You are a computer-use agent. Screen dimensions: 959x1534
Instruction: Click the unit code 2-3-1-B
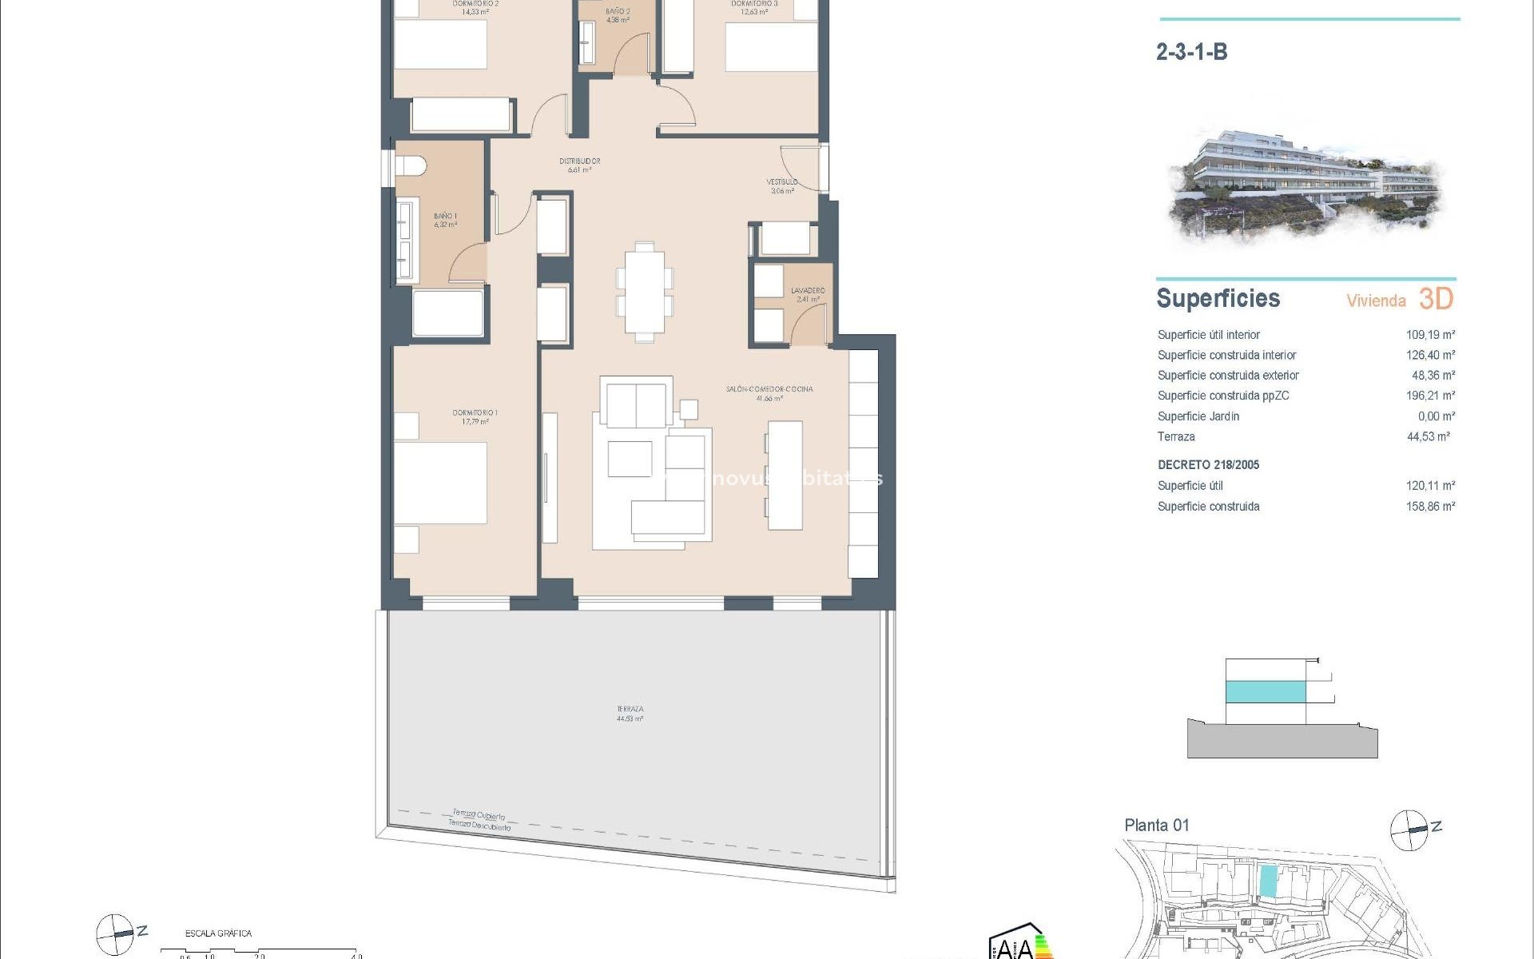(x=1191, y=53)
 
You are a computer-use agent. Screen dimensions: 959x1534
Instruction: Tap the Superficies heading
(x=1218, y=299)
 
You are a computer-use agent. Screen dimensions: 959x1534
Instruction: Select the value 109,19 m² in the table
(x=1430, y=335)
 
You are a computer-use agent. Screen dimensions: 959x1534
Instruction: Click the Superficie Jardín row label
(x=1198, y=416)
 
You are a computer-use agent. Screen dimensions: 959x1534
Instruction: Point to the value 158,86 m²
(x=1430, y=507)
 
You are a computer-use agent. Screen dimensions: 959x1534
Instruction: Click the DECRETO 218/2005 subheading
(x=1208, y=465)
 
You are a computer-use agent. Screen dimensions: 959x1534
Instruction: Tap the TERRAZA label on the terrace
(x=630, y=710)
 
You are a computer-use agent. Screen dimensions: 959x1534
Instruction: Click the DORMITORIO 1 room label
(x=475, y=413)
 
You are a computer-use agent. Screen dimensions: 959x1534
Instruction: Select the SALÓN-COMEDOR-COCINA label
(x=769, y=389)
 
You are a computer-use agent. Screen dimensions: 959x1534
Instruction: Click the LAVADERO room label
(x=808, y=291)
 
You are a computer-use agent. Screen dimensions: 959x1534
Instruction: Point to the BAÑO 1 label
(x=445, y=217)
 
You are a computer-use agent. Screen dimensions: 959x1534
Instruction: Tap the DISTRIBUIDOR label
(x=579, y=161)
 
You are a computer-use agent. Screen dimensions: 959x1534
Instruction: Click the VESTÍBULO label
(x=782, y=182)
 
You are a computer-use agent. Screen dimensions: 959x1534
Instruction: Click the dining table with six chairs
(x=644, y=292)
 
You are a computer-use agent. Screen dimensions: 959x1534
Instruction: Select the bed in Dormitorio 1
(x=440, y=483)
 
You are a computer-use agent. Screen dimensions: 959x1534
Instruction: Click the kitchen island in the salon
(x=785, y=476)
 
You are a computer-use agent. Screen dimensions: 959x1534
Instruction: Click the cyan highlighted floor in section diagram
(x=1266, y=691)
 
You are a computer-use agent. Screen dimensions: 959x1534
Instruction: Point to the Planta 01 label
(x=1156, y=826)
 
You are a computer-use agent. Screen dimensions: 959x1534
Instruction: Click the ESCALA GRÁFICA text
(x=218, y=933)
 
